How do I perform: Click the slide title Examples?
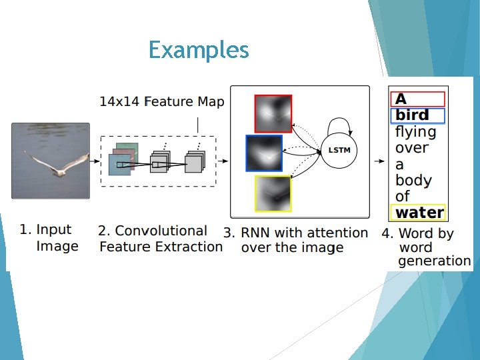(199, 50)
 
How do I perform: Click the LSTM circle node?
(339, 151)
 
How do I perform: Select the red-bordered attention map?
(273, 113)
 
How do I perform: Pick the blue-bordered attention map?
(264, 154)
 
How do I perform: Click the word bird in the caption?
(413, 115)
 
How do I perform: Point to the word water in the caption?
(419, 213)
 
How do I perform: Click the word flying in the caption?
(415, 132)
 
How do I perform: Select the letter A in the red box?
(401, 99)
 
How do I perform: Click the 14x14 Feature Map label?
(162, 102)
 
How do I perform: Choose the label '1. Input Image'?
(50, 237)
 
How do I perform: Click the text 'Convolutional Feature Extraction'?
(161, 239)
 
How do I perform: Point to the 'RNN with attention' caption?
(297, 240)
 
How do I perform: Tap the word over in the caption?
(411, 148)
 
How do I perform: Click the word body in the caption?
(413, 181)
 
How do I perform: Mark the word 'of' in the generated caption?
(403, 197)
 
